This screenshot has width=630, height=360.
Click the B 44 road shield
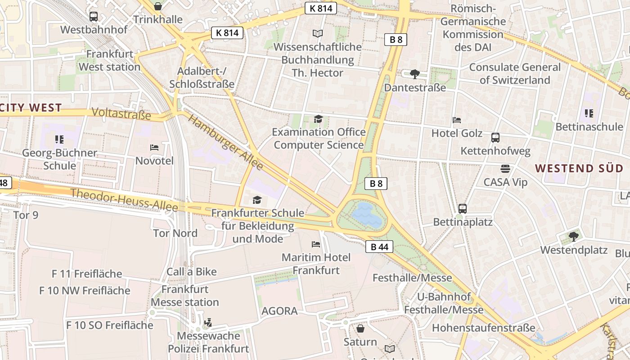379,247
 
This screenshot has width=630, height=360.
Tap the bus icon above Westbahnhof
94,17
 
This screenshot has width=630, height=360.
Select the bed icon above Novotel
154,148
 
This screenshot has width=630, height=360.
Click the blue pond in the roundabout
368,215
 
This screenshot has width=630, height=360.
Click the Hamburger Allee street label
225,142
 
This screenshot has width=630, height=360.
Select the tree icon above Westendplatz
573,236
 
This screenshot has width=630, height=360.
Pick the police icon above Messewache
208,322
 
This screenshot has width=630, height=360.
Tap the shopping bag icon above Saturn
360,328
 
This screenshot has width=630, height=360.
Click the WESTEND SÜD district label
579,169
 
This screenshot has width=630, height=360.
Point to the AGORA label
279,311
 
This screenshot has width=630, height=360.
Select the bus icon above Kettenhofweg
495,138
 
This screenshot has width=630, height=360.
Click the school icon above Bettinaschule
589,113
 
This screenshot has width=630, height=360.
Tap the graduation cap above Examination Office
318,119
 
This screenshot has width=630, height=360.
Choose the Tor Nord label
175,233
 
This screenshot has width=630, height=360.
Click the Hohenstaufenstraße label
484,328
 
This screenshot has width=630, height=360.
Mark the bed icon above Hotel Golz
457,120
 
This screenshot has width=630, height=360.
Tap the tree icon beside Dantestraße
415,74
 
